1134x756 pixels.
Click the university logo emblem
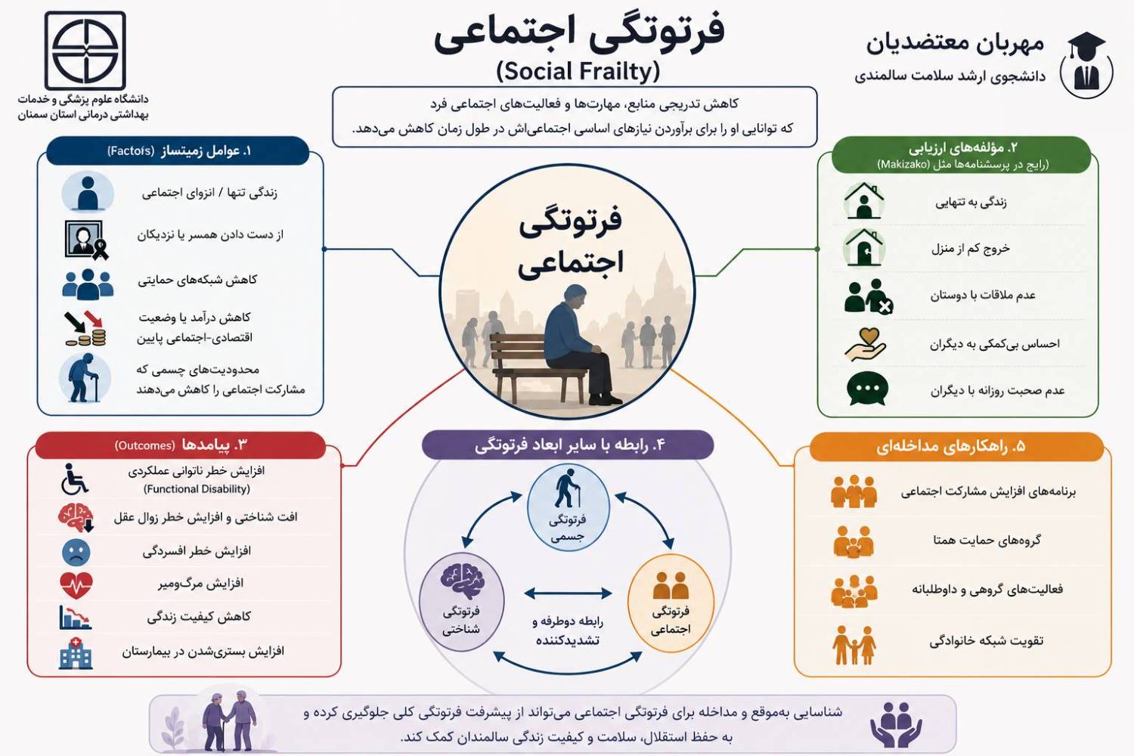click(85, 51)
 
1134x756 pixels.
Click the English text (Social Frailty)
click(578, 71)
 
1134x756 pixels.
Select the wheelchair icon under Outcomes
click(74, 479)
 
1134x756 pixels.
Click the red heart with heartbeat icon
click(76, 585)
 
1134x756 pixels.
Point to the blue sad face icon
click(76, 552)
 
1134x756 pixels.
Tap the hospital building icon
click(76, 652)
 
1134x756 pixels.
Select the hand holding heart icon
click(865, 345)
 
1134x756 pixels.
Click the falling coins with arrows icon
click(85, 329)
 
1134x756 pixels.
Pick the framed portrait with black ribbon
click(87, 240)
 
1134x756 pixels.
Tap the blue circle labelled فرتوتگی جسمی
click(568, 508)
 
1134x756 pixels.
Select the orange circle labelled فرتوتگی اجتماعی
click(671, 602)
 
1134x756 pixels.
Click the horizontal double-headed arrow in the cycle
click(568, 593)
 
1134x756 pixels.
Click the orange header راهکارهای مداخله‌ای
click(956, 447)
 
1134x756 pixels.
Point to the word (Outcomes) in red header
click(145, 445)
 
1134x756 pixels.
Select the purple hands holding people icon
click(896, 724)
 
